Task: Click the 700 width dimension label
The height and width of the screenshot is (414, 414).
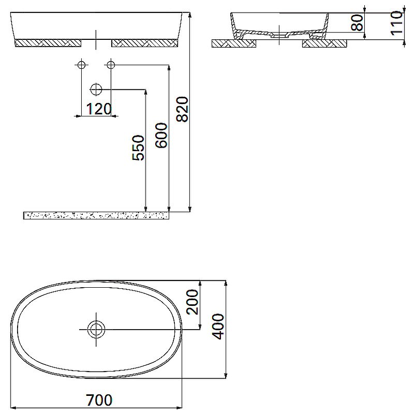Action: point(99,400)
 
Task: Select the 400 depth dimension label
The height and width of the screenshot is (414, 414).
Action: point(219,326)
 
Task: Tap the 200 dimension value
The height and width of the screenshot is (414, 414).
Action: point(193,302)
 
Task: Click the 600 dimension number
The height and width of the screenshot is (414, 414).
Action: point(161,136)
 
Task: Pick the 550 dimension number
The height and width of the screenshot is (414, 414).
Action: point(138,148)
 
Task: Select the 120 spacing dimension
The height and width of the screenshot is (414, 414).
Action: point(98,109)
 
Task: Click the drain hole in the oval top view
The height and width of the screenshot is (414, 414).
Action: point(96,329)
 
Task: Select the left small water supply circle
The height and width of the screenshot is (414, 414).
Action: point(81,65)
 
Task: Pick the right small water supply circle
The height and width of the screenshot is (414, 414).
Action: point(110,65)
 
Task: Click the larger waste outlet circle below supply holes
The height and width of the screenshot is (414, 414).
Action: point(96,90)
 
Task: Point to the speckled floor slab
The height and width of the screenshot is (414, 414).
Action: point(96,215)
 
